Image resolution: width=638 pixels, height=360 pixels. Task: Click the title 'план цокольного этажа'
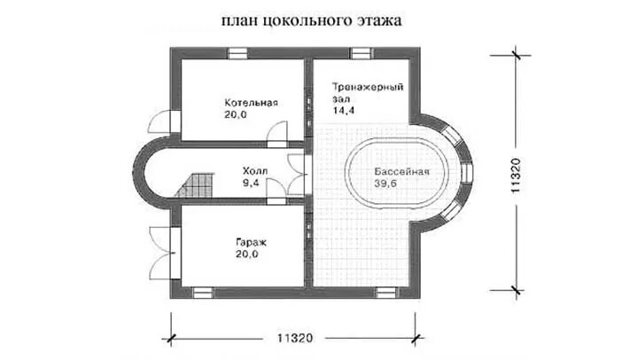tap(307, 19)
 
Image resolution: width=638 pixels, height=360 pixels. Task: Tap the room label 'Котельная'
tap(252, 102)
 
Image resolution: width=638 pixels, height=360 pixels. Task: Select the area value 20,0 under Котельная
tap(237, 114)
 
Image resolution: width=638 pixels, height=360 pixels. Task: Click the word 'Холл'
tap(255, 172)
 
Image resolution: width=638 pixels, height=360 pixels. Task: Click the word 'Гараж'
tap(252, 242)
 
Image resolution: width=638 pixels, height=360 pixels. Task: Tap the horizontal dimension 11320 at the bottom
tap(295, 339)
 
